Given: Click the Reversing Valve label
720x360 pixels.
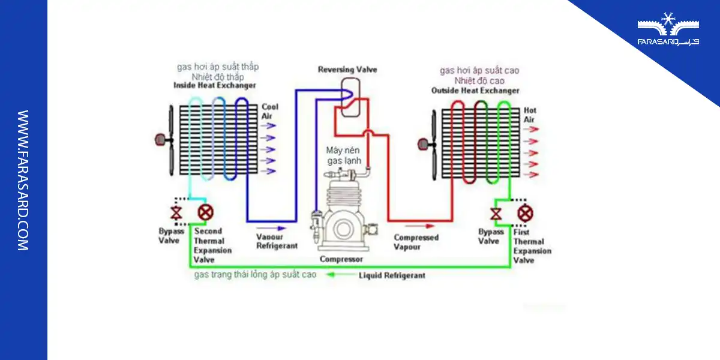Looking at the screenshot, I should pos(347,70).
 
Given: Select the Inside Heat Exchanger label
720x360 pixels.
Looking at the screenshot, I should pos(214,86).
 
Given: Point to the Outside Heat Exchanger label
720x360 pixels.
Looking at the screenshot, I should pos(475,91).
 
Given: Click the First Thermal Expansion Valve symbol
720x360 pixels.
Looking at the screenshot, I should pos(526,213).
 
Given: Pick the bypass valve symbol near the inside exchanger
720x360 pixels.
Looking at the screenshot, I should pos(176,213).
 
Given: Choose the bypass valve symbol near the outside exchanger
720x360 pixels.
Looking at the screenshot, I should pos(496,214).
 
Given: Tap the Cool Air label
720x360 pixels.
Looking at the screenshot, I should pos(270,111).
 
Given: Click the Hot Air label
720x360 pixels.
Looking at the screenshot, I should pos(530,115).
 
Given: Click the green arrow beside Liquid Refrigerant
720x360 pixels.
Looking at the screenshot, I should pos(340,275).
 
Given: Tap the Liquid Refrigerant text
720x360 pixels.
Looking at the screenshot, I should pos(392,275).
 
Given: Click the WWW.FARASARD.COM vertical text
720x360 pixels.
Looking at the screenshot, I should pos(23,180).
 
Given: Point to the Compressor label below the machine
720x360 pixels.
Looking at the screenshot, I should pos(341,259).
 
